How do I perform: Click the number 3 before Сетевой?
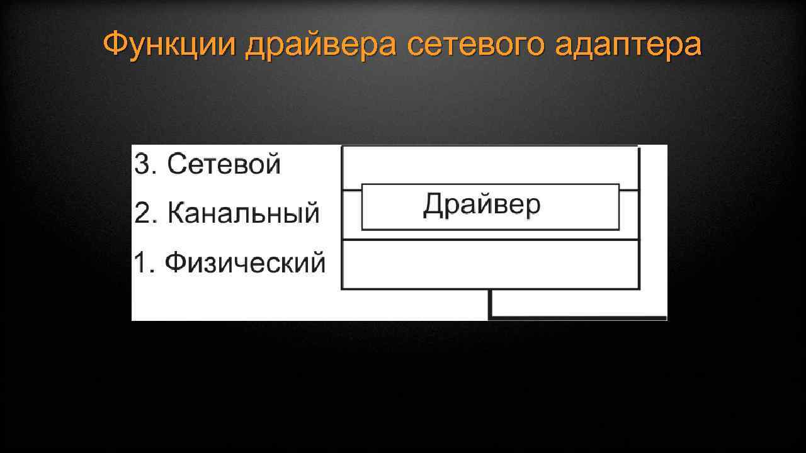[x=142, y=165]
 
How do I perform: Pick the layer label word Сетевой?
[x=224, y=165]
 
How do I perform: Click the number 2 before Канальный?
[x=142, y=214]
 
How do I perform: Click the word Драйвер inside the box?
[x=482, y=205]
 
